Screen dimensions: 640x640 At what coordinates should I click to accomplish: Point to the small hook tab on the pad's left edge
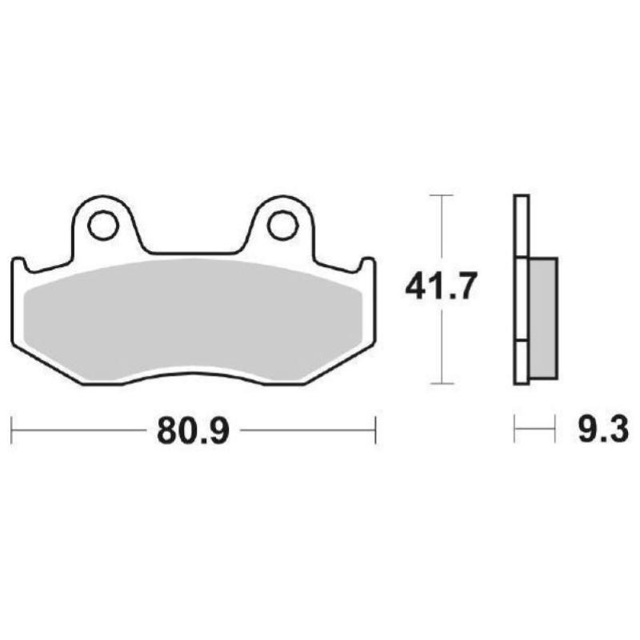[19, 264]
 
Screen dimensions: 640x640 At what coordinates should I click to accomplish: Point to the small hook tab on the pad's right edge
[367, 264]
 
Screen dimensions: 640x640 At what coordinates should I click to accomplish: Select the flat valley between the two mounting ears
[193, 253]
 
